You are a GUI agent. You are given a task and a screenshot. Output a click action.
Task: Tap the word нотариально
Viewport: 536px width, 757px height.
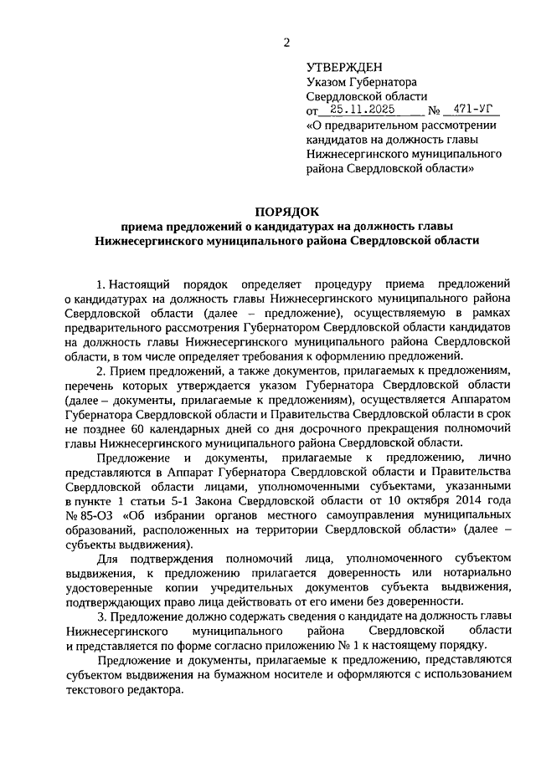tap(473, 573)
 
